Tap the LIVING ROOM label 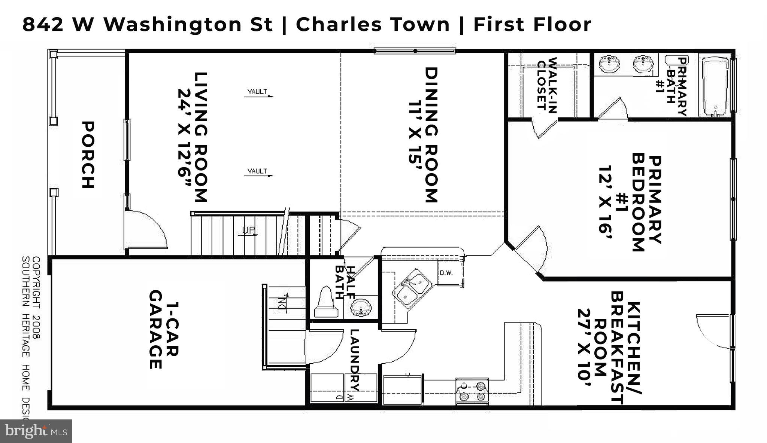[201, 137]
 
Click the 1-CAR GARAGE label [164, 330]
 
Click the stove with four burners [472, 391]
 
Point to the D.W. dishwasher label [446, 273]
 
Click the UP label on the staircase [248, 230]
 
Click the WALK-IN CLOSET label [547, 85]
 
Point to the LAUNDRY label [355, 359]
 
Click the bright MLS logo [36, 431]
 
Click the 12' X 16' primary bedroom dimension [605, 199]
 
